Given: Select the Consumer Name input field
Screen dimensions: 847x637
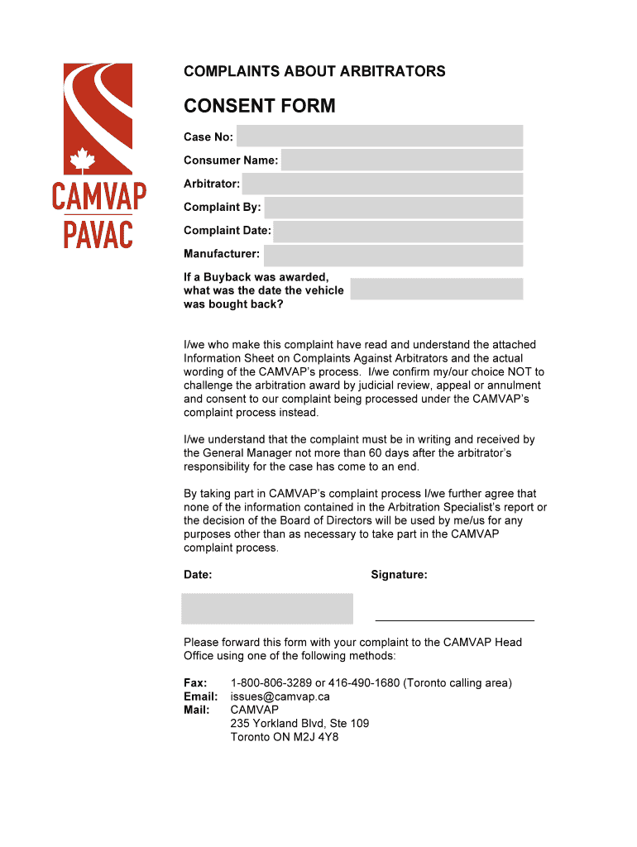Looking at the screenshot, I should click(401, 160).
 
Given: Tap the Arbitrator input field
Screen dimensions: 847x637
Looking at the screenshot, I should click(382, 184).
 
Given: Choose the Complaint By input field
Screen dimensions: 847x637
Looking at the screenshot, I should click(393, 208).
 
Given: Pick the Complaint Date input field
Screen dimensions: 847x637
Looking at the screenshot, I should click(398, 232).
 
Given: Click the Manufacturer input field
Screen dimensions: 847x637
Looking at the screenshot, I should click(393, 255).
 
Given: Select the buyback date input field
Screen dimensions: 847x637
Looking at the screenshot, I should click(436, 289).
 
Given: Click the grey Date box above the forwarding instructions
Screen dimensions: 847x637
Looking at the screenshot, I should click(267, 608).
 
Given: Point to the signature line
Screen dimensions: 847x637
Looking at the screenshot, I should click(454, 619).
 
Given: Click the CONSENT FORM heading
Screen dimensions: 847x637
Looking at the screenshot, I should click(259, 106).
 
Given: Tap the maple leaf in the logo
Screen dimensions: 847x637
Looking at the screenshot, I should click(83, 159).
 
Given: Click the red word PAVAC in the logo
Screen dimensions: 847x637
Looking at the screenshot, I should click(98, 233).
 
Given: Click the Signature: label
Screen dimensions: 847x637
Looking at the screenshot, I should click(399, 575).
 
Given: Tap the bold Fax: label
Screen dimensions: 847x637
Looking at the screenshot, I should click(195, 683).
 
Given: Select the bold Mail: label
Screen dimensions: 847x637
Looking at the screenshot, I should click(196, 710).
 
